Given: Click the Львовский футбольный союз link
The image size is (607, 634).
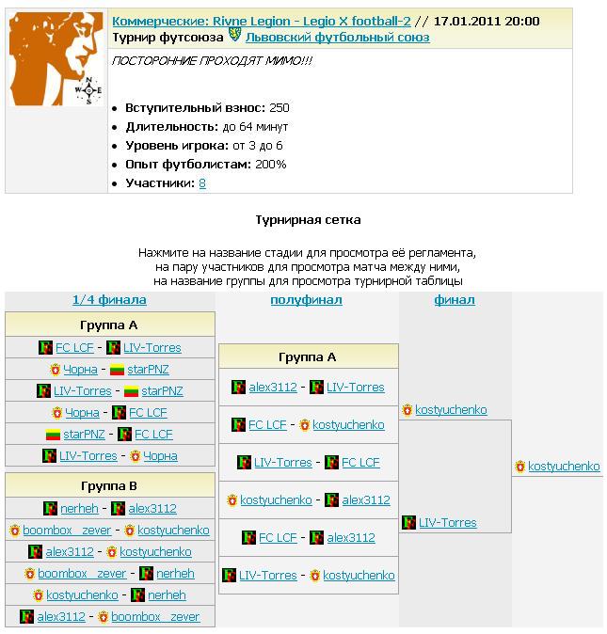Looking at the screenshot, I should coord(337,38).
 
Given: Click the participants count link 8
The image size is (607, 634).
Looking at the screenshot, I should coord(202,182).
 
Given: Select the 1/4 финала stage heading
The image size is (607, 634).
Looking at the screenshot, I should coord(109,300).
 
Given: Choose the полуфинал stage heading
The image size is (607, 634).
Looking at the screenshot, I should coord(306,300).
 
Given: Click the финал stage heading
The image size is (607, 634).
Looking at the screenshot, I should coord(455,300).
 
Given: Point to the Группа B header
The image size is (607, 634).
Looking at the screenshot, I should coord(110,485).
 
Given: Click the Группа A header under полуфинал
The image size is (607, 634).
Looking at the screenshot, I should coord(308,357).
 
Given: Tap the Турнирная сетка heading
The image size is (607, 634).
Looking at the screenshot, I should coord(308,219).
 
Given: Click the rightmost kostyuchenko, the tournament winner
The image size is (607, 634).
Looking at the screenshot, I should coord(564,466).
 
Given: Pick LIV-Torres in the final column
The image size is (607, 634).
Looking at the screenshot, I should coord(447,522).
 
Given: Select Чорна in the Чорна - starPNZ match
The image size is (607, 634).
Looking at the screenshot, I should coord(81,370).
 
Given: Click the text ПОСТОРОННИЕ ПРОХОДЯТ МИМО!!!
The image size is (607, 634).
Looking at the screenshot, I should coord(213,60).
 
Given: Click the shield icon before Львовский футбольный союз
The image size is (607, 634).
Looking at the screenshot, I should coord(235,37).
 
